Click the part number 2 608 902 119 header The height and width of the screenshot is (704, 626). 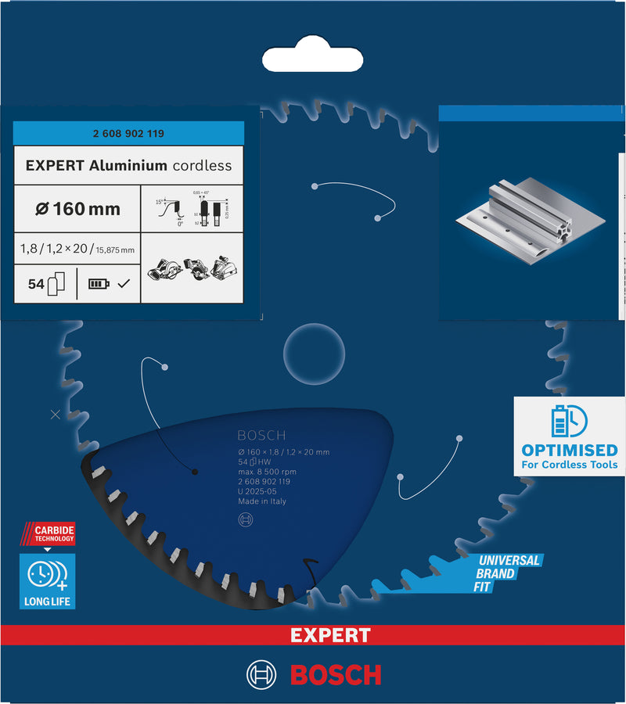128,134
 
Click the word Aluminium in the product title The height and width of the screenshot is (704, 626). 128,166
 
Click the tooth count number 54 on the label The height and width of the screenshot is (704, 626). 35,285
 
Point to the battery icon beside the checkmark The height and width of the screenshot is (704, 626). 99,284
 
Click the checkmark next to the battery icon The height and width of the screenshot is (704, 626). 123,284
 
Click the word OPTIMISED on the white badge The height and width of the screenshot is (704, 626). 569,451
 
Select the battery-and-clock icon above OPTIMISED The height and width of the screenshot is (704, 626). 569,420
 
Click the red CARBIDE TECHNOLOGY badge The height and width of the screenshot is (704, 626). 49,535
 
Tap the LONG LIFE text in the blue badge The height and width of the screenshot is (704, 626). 48,602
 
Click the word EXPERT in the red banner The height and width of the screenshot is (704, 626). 329,635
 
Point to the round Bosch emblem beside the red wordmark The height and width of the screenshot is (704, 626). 262,674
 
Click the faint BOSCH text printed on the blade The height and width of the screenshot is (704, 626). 261,436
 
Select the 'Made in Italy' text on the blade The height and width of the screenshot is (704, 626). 262,501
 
